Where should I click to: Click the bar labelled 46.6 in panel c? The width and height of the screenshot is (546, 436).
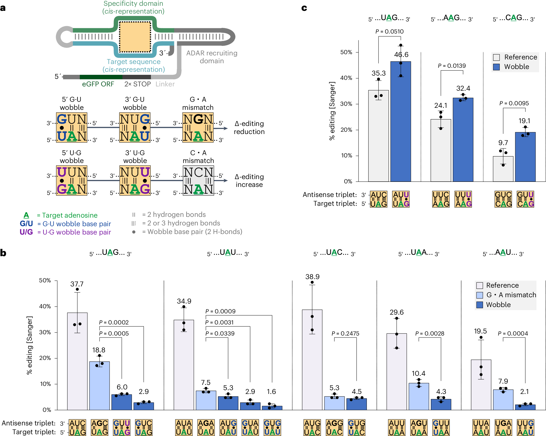(x=400, y=122)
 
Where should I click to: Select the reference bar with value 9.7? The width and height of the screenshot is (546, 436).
(x=503, y=169)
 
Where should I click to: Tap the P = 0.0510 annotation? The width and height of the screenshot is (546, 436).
(x=389, y=31)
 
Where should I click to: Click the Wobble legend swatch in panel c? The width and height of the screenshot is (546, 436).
(x=496, y=67)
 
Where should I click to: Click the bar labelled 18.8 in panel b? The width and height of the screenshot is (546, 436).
(x=100, y=385)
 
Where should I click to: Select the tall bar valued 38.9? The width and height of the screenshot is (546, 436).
(x=312, y=359)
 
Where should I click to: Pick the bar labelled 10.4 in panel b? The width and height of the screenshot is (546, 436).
(x=419, y=396)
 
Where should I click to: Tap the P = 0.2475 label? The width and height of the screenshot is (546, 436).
(x=345, y=333)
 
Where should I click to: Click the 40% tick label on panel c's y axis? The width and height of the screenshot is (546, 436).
(x=346, y=78)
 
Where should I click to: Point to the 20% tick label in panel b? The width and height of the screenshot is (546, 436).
(x=45, y=358)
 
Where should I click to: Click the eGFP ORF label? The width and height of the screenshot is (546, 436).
(x=98, y=84)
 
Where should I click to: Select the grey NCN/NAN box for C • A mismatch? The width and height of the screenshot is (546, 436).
(x=198, y=181)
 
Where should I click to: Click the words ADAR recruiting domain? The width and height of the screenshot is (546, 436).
(x=212, y=57)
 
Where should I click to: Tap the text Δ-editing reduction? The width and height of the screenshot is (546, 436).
(x=249, y=128)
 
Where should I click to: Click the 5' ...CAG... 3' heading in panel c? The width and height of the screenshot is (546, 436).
(x=513, y=18)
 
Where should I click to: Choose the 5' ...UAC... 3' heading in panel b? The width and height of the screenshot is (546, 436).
(x=334, y=253)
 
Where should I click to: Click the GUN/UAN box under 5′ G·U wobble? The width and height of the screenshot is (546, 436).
(x=72, y=127)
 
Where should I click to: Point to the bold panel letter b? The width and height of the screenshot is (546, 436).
(x=3, y=253)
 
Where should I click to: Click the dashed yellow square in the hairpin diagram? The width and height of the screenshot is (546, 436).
(x=135, y=37)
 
